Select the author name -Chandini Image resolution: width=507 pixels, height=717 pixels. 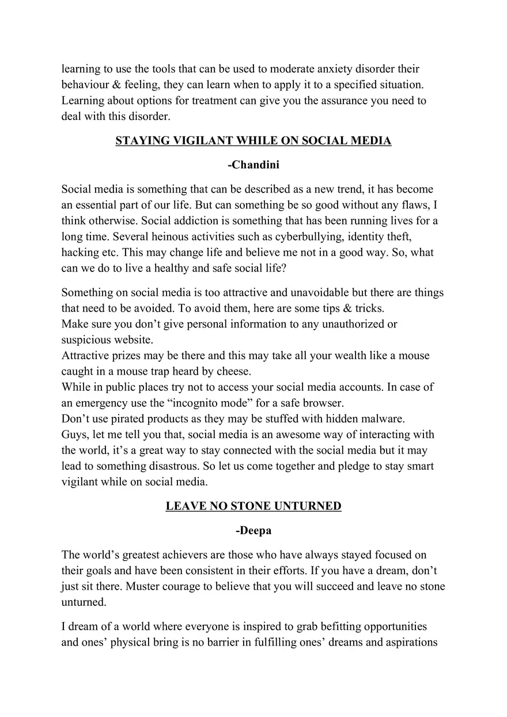click(x=253, y=165)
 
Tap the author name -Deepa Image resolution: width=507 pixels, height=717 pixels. click(x=253, y=531)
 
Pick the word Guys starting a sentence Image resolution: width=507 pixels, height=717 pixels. click(x=74, y=434)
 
